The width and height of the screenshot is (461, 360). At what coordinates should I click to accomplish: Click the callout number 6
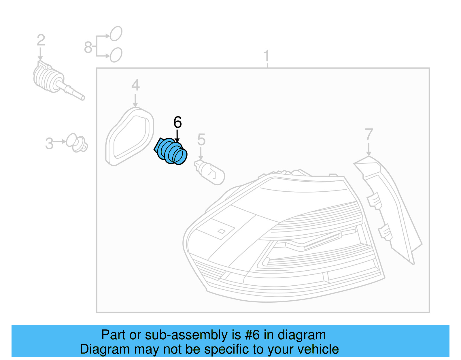[x=177, y=122]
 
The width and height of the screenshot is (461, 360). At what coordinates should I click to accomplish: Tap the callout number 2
[x=41, y=40]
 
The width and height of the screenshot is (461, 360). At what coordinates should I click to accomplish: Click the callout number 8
[x=88, y=47]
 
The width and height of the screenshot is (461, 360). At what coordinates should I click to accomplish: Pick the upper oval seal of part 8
[x=116, y=33]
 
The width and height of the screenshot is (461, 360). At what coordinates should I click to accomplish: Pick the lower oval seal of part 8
[x=116, y=55]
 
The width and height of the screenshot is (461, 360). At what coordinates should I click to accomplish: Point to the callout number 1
[x=266, y=56]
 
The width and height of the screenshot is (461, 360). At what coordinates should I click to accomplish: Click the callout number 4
[x=136, y=85]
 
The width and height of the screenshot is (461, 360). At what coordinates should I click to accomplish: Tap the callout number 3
[x=49, y=144]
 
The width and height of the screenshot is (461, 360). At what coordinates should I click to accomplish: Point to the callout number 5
[x=201, y=140]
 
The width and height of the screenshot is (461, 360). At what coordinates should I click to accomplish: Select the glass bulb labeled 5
[x=209, y=172]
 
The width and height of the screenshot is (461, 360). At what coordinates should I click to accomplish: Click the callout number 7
[x=369, y=134]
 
